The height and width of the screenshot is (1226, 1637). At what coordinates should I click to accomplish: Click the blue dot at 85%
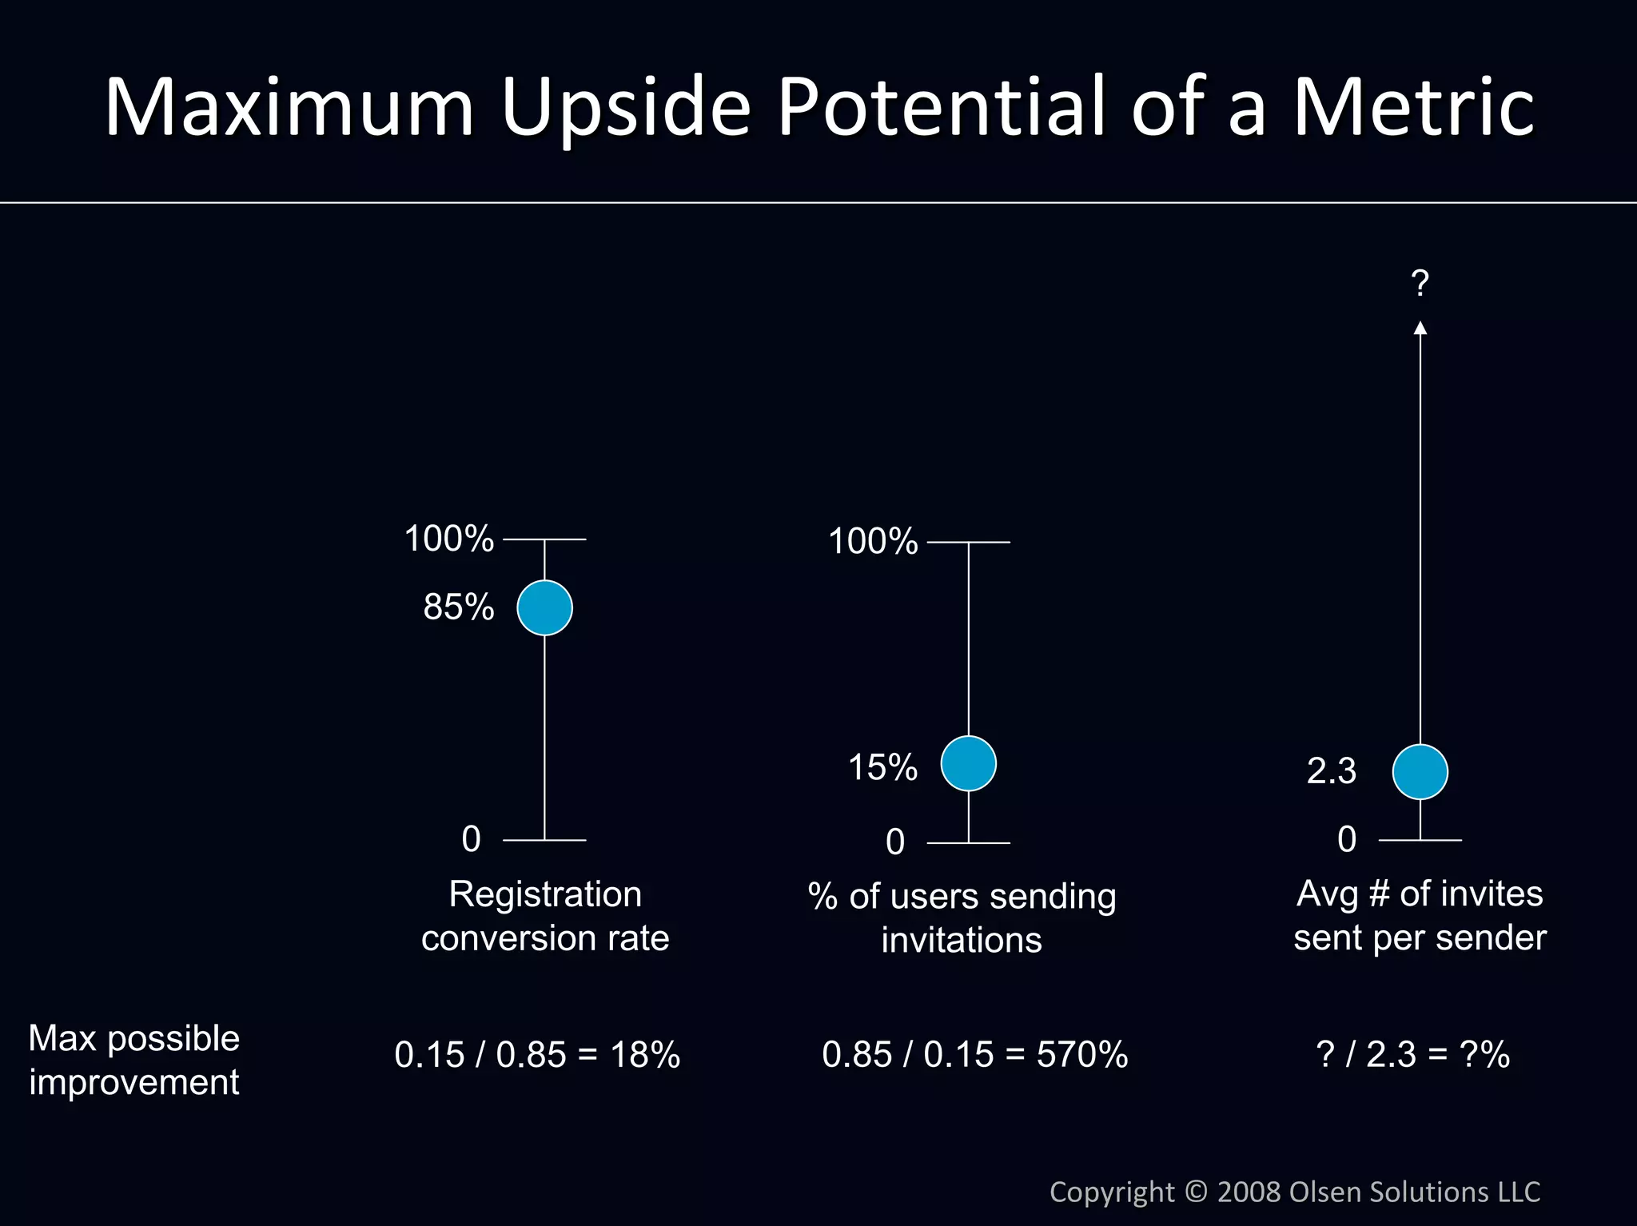[544, 607]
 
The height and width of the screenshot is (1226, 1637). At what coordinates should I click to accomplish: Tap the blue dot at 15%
[968, 763]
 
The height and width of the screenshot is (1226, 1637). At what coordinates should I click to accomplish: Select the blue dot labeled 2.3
[1420, 771]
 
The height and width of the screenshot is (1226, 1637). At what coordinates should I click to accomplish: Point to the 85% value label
[459, 607]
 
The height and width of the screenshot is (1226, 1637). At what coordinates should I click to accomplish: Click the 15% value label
[882, 767]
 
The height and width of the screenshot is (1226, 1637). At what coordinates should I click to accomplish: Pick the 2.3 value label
[1332, 771]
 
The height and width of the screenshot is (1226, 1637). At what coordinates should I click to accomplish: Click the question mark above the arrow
[1420, 283]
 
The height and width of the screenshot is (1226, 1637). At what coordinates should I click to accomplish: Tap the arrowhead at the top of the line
[1420, 327]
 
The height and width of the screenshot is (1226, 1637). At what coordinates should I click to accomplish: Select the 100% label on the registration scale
[448, 539]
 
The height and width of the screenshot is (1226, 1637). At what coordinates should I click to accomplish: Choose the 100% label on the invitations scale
[873, 541]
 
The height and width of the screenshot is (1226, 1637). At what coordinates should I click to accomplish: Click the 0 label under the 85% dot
[472, 839]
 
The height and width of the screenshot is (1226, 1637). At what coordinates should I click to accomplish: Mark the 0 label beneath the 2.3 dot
[1347, 839]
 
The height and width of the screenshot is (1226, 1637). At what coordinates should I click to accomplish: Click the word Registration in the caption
[545, 894]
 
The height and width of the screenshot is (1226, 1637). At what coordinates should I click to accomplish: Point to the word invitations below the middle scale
[962, 940]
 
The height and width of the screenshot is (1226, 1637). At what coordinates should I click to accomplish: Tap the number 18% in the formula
[645, 1054]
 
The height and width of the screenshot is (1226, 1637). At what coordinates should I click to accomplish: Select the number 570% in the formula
[1082, 1054]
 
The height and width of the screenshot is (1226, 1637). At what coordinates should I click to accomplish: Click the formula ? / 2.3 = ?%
[1412, 1054]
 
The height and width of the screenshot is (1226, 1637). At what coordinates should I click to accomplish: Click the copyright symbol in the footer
[1196, 1192]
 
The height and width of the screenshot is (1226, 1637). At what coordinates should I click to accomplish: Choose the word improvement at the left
[134, 1082]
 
